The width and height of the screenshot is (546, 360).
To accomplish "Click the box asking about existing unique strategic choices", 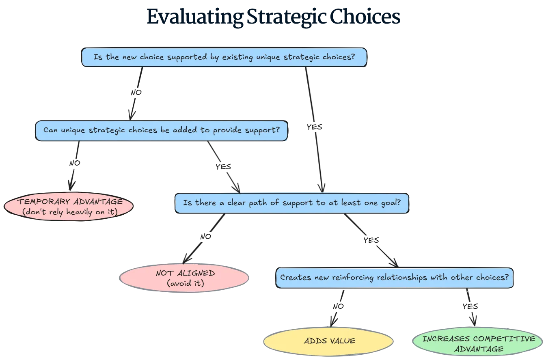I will pos(224,57).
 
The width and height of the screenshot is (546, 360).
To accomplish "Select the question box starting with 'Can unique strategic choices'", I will pos(161,131).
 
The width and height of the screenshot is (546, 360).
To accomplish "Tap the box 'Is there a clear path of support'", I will pos(291,203).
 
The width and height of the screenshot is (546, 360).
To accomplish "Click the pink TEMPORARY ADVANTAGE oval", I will pos(69,207).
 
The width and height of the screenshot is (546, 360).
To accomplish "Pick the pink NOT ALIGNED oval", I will pos(185,278).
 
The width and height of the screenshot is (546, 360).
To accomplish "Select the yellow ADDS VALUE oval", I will pos(329,341).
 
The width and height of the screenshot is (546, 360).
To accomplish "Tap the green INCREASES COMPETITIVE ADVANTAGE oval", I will pos(478,343).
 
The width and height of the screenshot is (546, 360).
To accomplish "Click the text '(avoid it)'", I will pos(185,283).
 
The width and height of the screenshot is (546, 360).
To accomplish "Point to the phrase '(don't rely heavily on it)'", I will pos(69,212).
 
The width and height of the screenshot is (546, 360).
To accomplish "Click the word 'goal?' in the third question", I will pos(391,203).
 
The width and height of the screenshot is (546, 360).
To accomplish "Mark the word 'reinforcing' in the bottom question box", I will pos(353,278).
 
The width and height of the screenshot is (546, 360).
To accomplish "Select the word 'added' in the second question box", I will pos(185,131).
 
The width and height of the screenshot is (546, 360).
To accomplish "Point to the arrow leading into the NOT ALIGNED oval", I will pos(203,239).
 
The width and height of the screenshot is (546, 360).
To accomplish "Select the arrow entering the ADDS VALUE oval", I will pos(337,308).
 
